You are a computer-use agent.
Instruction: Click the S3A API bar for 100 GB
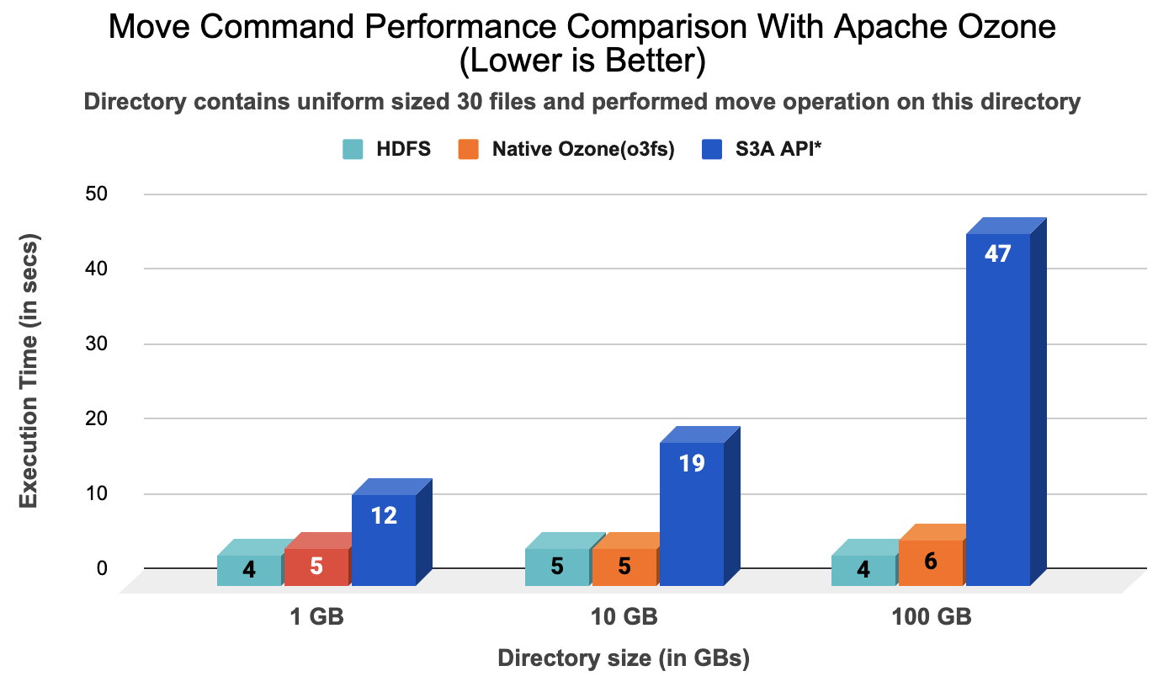pos(997,404)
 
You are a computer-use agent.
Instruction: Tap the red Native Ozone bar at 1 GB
pos(316,566)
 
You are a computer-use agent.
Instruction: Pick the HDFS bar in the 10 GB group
pos(556,566)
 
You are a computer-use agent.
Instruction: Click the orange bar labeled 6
pos(930,562)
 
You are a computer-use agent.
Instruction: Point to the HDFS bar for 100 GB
pos(863,569)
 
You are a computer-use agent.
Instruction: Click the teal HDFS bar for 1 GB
pos(248,569)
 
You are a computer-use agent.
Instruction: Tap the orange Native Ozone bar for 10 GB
pos(624,566)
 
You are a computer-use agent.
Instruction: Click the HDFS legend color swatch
pos(353,150)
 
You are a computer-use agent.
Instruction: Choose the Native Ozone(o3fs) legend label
pos(583,150)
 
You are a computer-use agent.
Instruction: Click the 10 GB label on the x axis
pos(624,617)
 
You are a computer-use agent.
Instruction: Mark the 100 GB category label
pos(931,617)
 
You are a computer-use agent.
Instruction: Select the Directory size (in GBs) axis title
pos(624,658)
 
